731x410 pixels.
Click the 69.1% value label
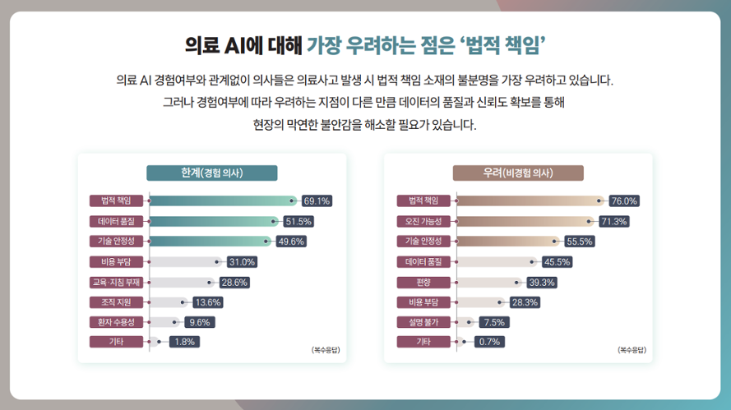[317, 201]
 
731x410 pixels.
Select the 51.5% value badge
[298, 222]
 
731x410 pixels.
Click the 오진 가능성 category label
[423, 221]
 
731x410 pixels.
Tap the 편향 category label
[423, 282]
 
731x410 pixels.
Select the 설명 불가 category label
[423, 321]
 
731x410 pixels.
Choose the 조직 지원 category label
[118, 302]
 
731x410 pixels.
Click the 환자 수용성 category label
[118, 321]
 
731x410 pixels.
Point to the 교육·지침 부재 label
[118, 282]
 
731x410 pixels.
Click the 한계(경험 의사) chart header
[212, 173]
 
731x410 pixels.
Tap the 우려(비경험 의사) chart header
[518, 173]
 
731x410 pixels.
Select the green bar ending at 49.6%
[210, 242]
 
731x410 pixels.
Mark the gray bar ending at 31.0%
[184, 262]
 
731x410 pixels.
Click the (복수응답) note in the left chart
[326, 350]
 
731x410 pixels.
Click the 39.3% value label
[542, 282]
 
